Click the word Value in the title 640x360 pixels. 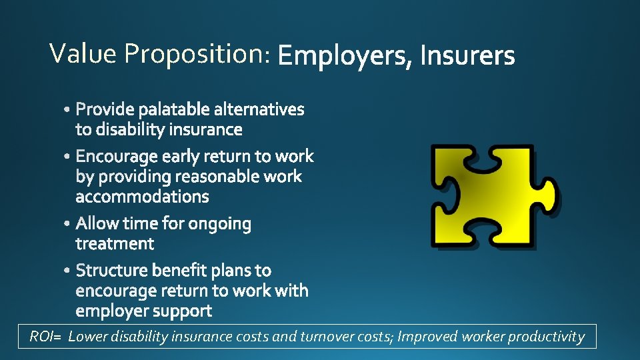83,53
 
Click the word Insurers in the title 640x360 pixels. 467,56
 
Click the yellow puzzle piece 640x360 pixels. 493,196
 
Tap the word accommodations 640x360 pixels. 142,197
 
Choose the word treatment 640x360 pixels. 115,244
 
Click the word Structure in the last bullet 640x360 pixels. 111,271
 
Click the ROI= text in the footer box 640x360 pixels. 45,337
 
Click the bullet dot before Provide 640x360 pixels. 70,109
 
